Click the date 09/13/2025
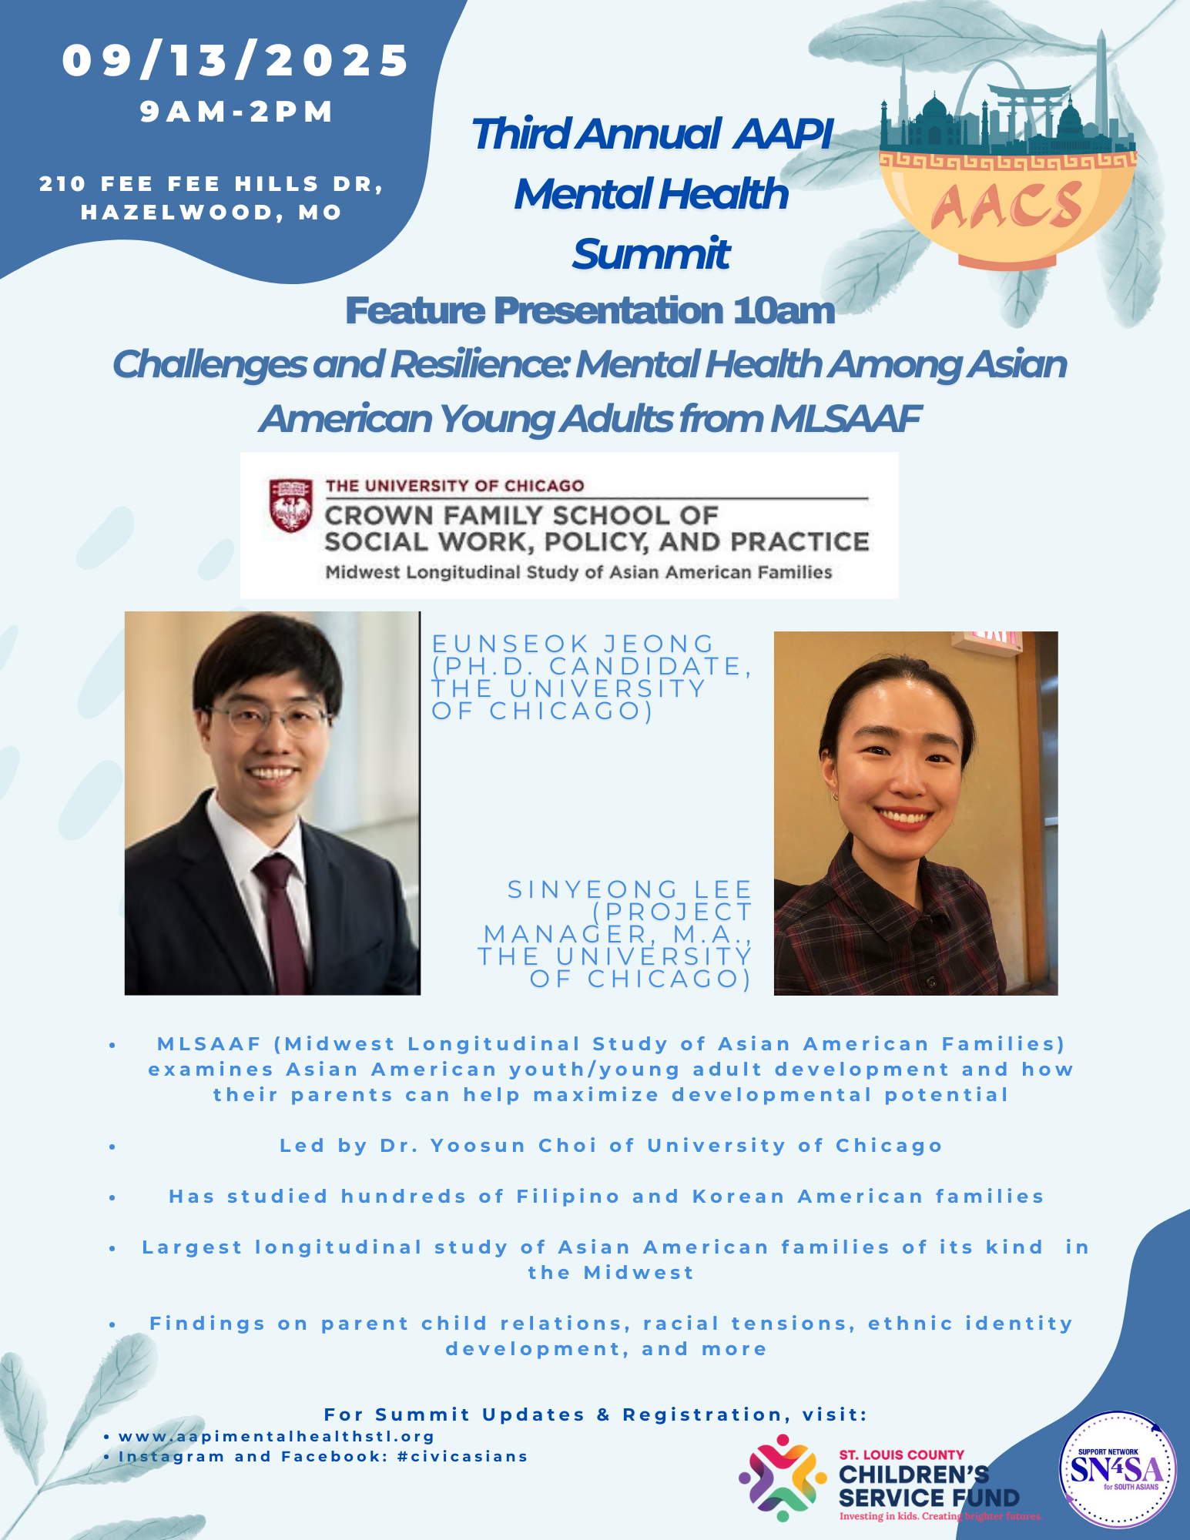click(x=236, y=61)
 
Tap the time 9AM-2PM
click(x=237, y=112)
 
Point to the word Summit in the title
click(x=651, y=254)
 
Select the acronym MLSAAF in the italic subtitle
click(x=845, y=419)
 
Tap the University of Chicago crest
click(x=290, y=505)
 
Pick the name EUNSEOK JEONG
click(x=574, y=644)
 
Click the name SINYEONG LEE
click(x=629, y=889)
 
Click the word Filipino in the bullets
click(x=568, y=1197)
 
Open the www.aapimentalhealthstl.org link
click(x=277, y=1437)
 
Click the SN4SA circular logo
click(x=1118, y=1470)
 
